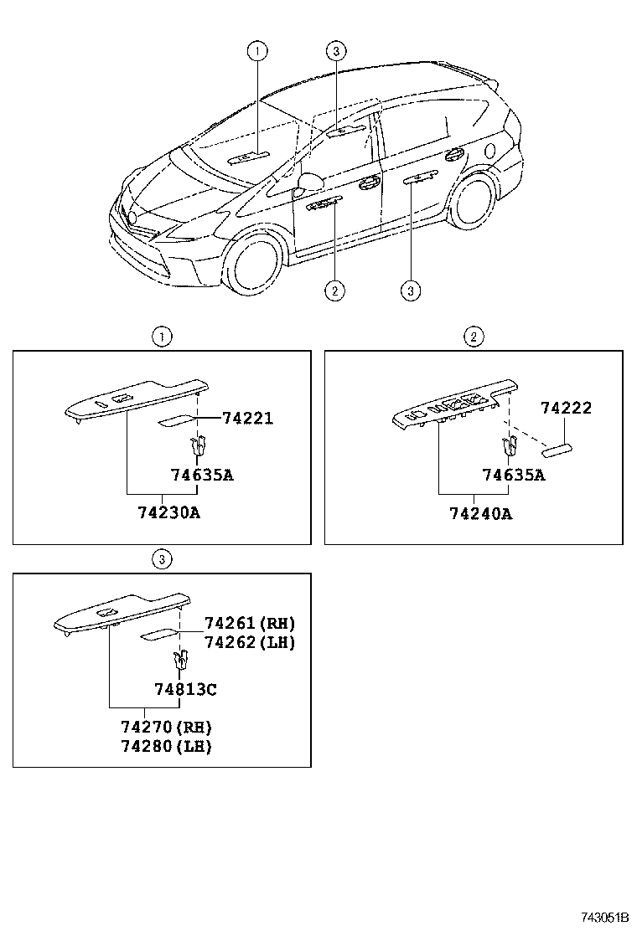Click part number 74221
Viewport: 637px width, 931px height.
click(x=247, y=418)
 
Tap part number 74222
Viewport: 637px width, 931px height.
click(x=566, y=408)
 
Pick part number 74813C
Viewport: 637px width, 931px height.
click(x=185, y=689)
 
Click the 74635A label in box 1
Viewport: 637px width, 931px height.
click(x=202, y=476)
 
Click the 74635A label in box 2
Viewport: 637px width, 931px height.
click(x=514, y=476)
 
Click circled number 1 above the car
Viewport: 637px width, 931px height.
click(x=257, y=52)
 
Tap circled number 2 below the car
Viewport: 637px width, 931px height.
click(x=334, y=291)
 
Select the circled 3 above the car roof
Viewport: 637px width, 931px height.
click(x=334, y=52)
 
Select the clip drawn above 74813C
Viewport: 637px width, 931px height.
click(x=179, y=661)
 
